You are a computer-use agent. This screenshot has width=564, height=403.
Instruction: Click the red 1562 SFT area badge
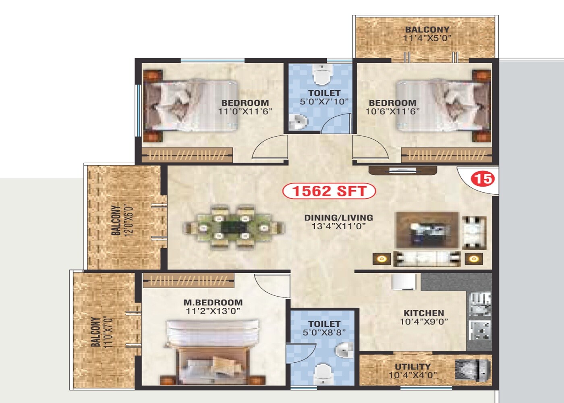pyautogui.click(x=329, y=191)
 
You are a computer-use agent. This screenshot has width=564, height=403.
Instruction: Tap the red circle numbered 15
pyautogui.click(x=483, y=178)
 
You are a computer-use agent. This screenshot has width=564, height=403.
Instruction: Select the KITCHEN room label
pyautogui.click(x=424, y=313)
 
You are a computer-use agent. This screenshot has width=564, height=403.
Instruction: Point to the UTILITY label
pyautogui.click(x=413, y=367)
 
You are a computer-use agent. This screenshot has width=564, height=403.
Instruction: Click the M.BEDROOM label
pyautogui.click(x=213, y=302)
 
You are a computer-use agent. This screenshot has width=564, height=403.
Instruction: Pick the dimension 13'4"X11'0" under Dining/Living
pyautogui.click(x=338, y=226)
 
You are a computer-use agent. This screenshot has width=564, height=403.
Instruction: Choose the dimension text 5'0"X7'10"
pyautogui.click(x=324, y=102)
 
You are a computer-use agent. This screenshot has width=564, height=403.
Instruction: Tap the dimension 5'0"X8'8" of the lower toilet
pyautogui.click(x=324, y=333)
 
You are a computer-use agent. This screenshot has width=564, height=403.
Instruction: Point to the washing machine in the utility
pyautogui.click(x=472, y=370)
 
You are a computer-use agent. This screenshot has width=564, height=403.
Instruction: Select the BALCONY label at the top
pyautogui.click(x=427, y=29)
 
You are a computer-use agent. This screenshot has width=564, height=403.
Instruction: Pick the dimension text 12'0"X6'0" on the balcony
pyautogui.click(x=129, y=220)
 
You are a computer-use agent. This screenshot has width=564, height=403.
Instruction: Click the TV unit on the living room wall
pyautogui.click(x=403, y=170)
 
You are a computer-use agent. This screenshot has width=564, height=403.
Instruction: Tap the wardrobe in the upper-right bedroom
pyautogui.click(x=446, y=155)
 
